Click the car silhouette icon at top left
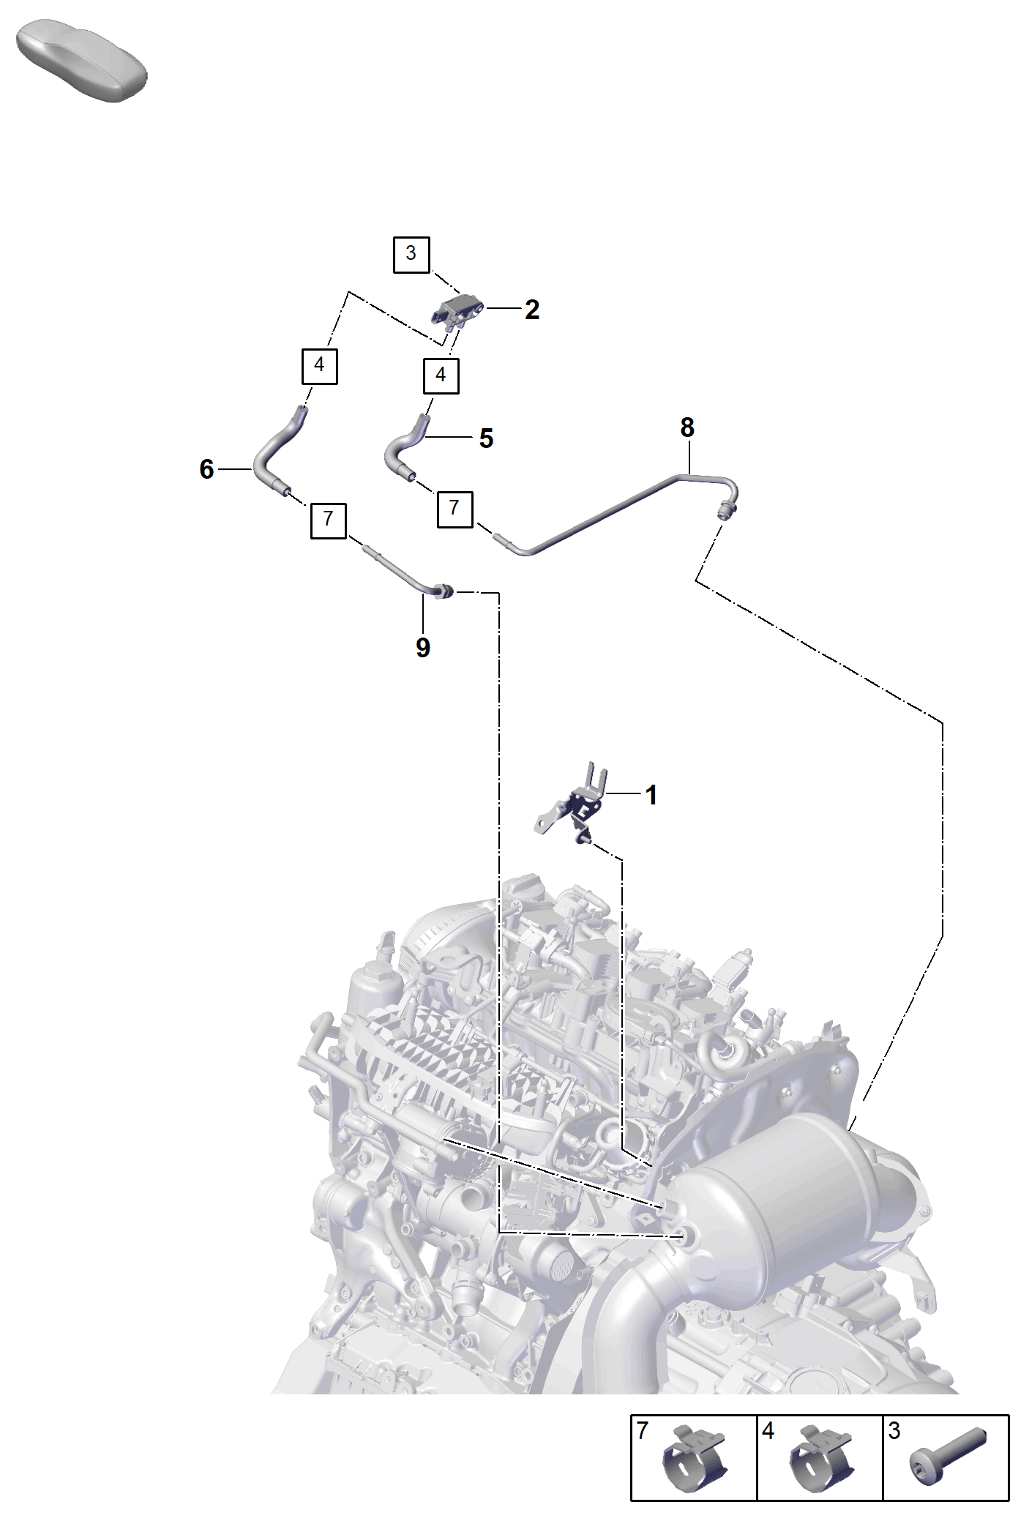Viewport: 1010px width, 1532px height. point(81,61)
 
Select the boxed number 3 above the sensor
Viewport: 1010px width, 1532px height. point(411,255)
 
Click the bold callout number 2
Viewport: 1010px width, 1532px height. point(532,310)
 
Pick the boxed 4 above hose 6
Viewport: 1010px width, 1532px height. point(320,366)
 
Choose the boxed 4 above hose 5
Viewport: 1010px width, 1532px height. point(441,376)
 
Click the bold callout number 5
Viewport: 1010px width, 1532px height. point(487,438)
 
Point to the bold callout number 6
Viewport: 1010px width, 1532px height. point(207,469)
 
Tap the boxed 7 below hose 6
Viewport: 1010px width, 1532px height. point(329,520)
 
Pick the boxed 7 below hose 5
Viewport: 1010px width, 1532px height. point(454,509)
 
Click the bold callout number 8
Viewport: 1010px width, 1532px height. point(687,427)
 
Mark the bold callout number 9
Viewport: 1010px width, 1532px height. point(423,648)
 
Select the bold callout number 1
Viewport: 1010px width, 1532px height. point(651,796)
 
